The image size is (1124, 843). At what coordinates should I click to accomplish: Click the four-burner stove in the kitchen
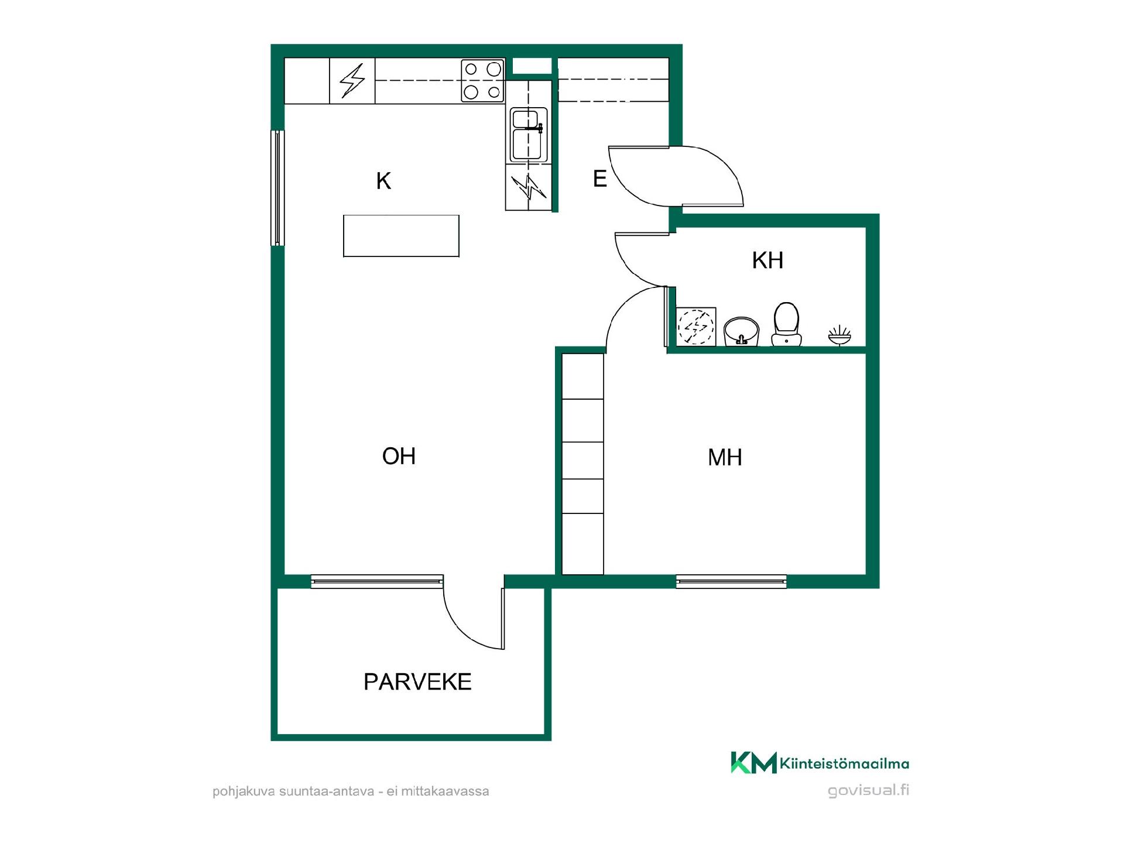click(x=482, y=81)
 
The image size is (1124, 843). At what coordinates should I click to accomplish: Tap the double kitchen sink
click(x=529, y=135)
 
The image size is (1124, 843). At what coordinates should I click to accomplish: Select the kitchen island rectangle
click(x=401, y=236)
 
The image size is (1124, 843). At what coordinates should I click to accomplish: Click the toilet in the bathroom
click(x=786, y=324)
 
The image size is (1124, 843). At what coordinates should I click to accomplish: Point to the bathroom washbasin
click(x=741, y=332)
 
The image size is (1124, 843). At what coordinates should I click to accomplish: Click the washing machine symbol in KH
click(x=696, y=326)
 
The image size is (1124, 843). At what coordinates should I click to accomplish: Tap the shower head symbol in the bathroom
click(x=839, y=335)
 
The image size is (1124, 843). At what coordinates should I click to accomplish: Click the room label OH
click(x=399, y=456)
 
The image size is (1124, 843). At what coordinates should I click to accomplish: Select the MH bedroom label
click(x=725, y=457)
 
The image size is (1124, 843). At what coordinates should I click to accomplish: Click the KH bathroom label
click(x=767, y=260)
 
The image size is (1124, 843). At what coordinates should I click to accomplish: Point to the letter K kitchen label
click(x=383, y=181)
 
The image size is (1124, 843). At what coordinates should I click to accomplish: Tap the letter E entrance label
click(x=599, y=179)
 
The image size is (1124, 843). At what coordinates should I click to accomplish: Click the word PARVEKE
click(x=417, y=682)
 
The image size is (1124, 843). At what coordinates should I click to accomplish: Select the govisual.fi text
click(x=868, y=790)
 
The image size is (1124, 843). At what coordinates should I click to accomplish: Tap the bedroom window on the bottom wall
click(x=731, y=581)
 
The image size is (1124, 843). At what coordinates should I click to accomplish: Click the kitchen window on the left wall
click(x=277, y=187)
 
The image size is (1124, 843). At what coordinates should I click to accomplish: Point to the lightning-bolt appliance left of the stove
click(x=352, y=81)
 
